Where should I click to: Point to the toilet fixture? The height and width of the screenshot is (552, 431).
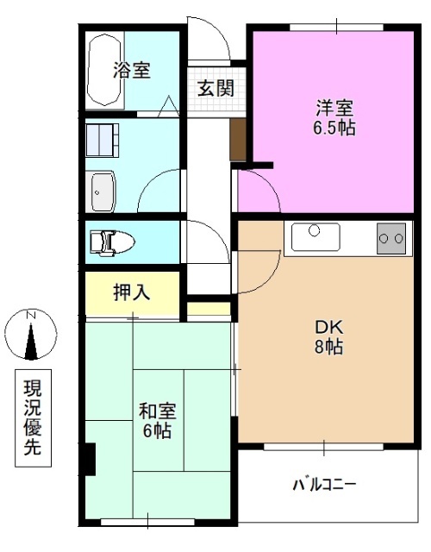111,241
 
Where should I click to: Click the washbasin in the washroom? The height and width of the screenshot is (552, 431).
103,191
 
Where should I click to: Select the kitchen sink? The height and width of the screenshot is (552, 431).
315,235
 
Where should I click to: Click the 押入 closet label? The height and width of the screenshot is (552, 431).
132,292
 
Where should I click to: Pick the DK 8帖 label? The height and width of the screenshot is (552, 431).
328,337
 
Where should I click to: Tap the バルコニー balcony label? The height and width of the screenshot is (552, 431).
323,483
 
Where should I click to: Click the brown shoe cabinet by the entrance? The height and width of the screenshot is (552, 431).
238,139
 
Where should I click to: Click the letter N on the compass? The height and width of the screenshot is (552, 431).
30,315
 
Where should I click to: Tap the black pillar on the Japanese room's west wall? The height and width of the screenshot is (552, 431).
89,458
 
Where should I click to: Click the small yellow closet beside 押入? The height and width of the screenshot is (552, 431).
209,308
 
